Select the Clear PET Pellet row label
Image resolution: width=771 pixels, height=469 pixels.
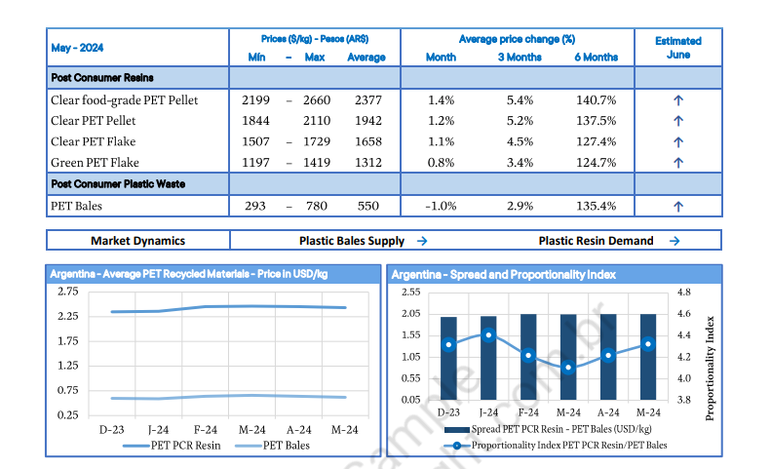94,121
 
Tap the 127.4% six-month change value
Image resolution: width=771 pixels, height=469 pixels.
595,141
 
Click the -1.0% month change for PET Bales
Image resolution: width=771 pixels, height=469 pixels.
441,207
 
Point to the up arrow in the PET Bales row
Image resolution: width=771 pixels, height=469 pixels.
678,207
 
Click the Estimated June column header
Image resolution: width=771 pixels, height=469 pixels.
678,48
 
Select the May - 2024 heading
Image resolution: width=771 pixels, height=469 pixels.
77,48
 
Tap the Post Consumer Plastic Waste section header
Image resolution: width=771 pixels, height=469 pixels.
117,183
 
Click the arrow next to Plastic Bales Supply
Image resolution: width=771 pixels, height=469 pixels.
422,241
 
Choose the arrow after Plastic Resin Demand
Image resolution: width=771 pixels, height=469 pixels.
675,241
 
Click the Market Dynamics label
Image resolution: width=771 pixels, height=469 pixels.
137,241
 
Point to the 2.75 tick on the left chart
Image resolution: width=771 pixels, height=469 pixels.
67,292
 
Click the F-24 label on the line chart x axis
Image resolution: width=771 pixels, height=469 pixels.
206,429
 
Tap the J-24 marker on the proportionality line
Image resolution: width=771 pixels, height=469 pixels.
488,335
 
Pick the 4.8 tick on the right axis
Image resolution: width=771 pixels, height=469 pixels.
683,292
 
